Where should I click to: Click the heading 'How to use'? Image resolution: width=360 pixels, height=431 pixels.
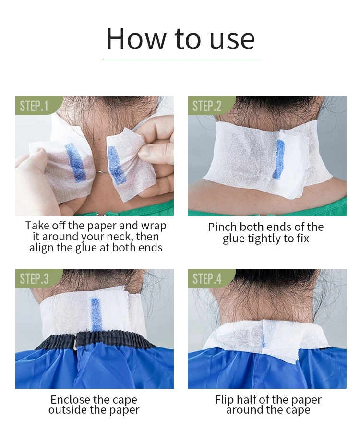tap(180, 38)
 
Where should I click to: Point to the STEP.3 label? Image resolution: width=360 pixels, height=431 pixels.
tap(34, 279)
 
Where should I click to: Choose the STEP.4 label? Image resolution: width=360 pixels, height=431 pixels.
tap(207, 279)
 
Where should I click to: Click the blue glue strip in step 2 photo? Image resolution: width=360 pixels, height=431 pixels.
tap(280, 159)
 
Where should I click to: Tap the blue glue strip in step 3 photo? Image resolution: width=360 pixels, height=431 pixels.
tap(96, 314)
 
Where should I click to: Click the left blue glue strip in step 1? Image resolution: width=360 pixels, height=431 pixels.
tap(75, 162)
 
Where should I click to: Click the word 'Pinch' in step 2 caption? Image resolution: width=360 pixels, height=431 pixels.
tap(222, 227)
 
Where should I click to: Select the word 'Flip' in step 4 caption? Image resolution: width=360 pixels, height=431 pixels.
tap(224, 400)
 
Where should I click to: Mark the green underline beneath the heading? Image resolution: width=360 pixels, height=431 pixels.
tap(181, 60)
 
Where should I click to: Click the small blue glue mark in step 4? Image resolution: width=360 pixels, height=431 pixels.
tap(263, 340)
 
